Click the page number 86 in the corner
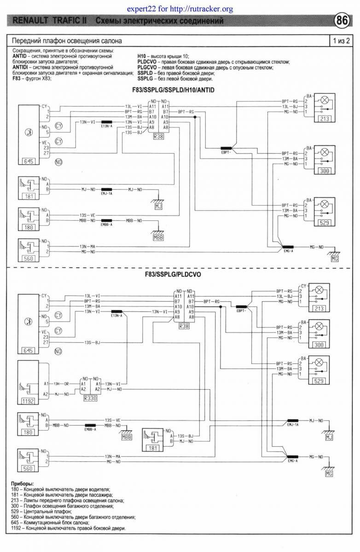pyautogui.click(x=342, y=21)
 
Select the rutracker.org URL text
pyautogui.click(x=180, y=9)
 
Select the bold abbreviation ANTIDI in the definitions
pyautogui.click(x=22, y=66)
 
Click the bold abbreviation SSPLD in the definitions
pyautogui.click(x=145, y=73)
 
